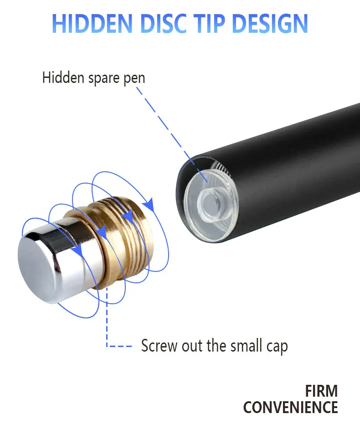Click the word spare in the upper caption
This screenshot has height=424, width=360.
tap(103, 78)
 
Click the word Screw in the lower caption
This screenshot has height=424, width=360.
tap(159, 346)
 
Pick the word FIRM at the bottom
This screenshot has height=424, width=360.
tap(321, 391)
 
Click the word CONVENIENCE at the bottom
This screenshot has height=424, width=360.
tap(291, 407)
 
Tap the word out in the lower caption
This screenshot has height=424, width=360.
tap(192, 346)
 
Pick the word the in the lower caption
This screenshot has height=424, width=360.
tap(213, 346)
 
